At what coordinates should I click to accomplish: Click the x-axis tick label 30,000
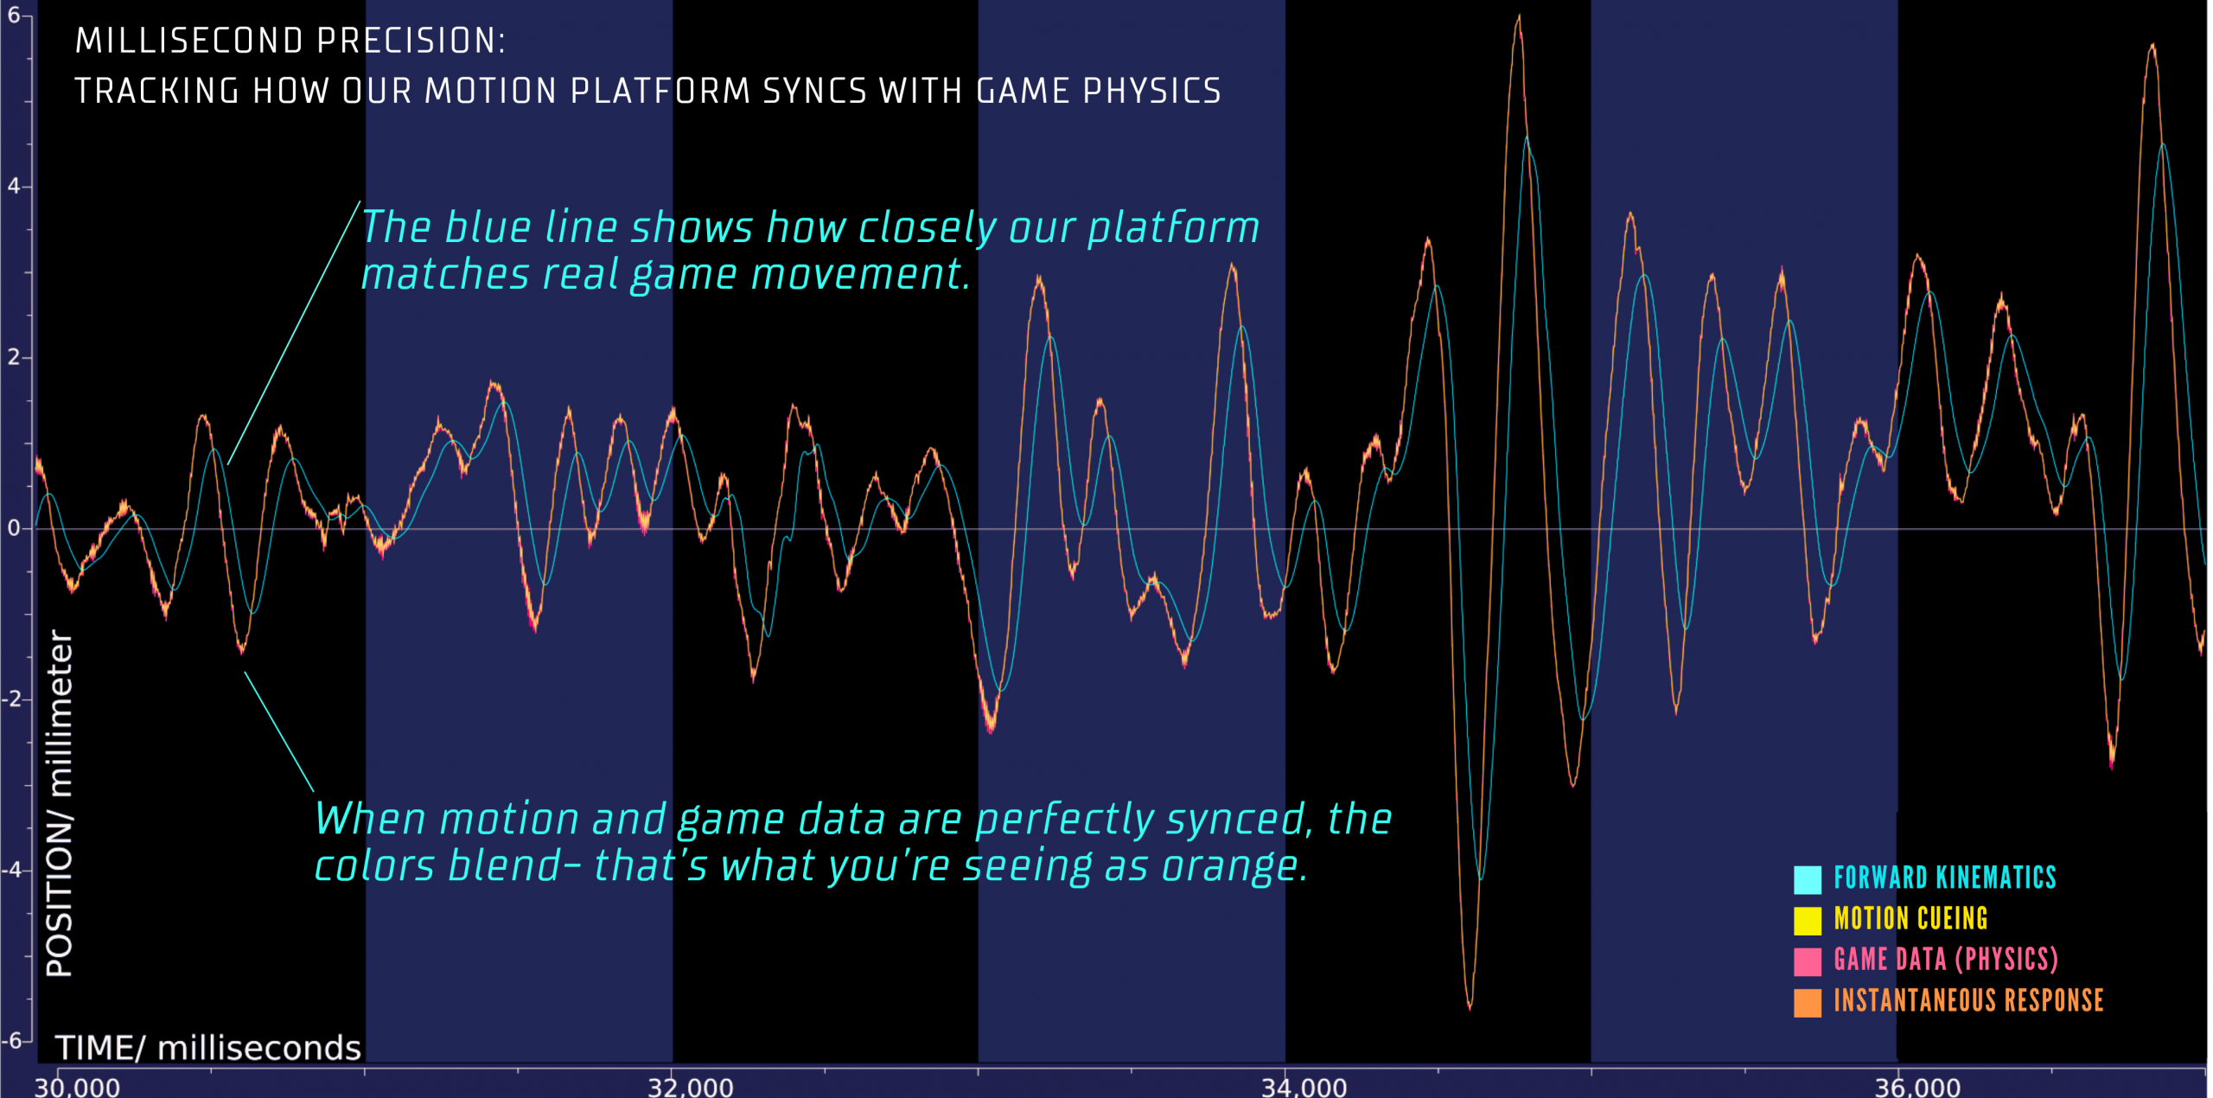pyautogui.click(x=77, y=1086)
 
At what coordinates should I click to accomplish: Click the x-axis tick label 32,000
pyautogui.click(x=691, y=1086)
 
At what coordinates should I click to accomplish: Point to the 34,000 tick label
pyautogui.click(x=1304, y=1086)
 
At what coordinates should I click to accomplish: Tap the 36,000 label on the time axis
pyautogui.click(x=1917, y=1086)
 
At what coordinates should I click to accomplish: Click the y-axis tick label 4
pyautogui.click(x=14, y=186)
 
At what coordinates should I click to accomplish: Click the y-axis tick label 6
pyautogui.click(x=14, y=16)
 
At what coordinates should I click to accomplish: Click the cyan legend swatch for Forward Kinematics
pyautogui.click(x=1808, y=879)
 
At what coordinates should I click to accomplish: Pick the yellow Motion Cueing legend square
pyautogui.click(x=1808, y=921)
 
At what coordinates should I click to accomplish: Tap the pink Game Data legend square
pyautogui.click(x=1808, y=961)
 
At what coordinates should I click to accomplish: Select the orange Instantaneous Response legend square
pyautogui.click(x=1808, y=1003)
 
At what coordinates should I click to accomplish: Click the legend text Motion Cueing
pyautogui.click(x=1911, y=918)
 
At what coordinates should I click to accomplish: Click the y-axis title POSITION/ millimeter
pyautogui.click(x=60, y=803)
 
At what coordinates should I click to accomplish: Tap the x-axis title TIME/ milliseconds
pyautogui.click(x=208, y=1047)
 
